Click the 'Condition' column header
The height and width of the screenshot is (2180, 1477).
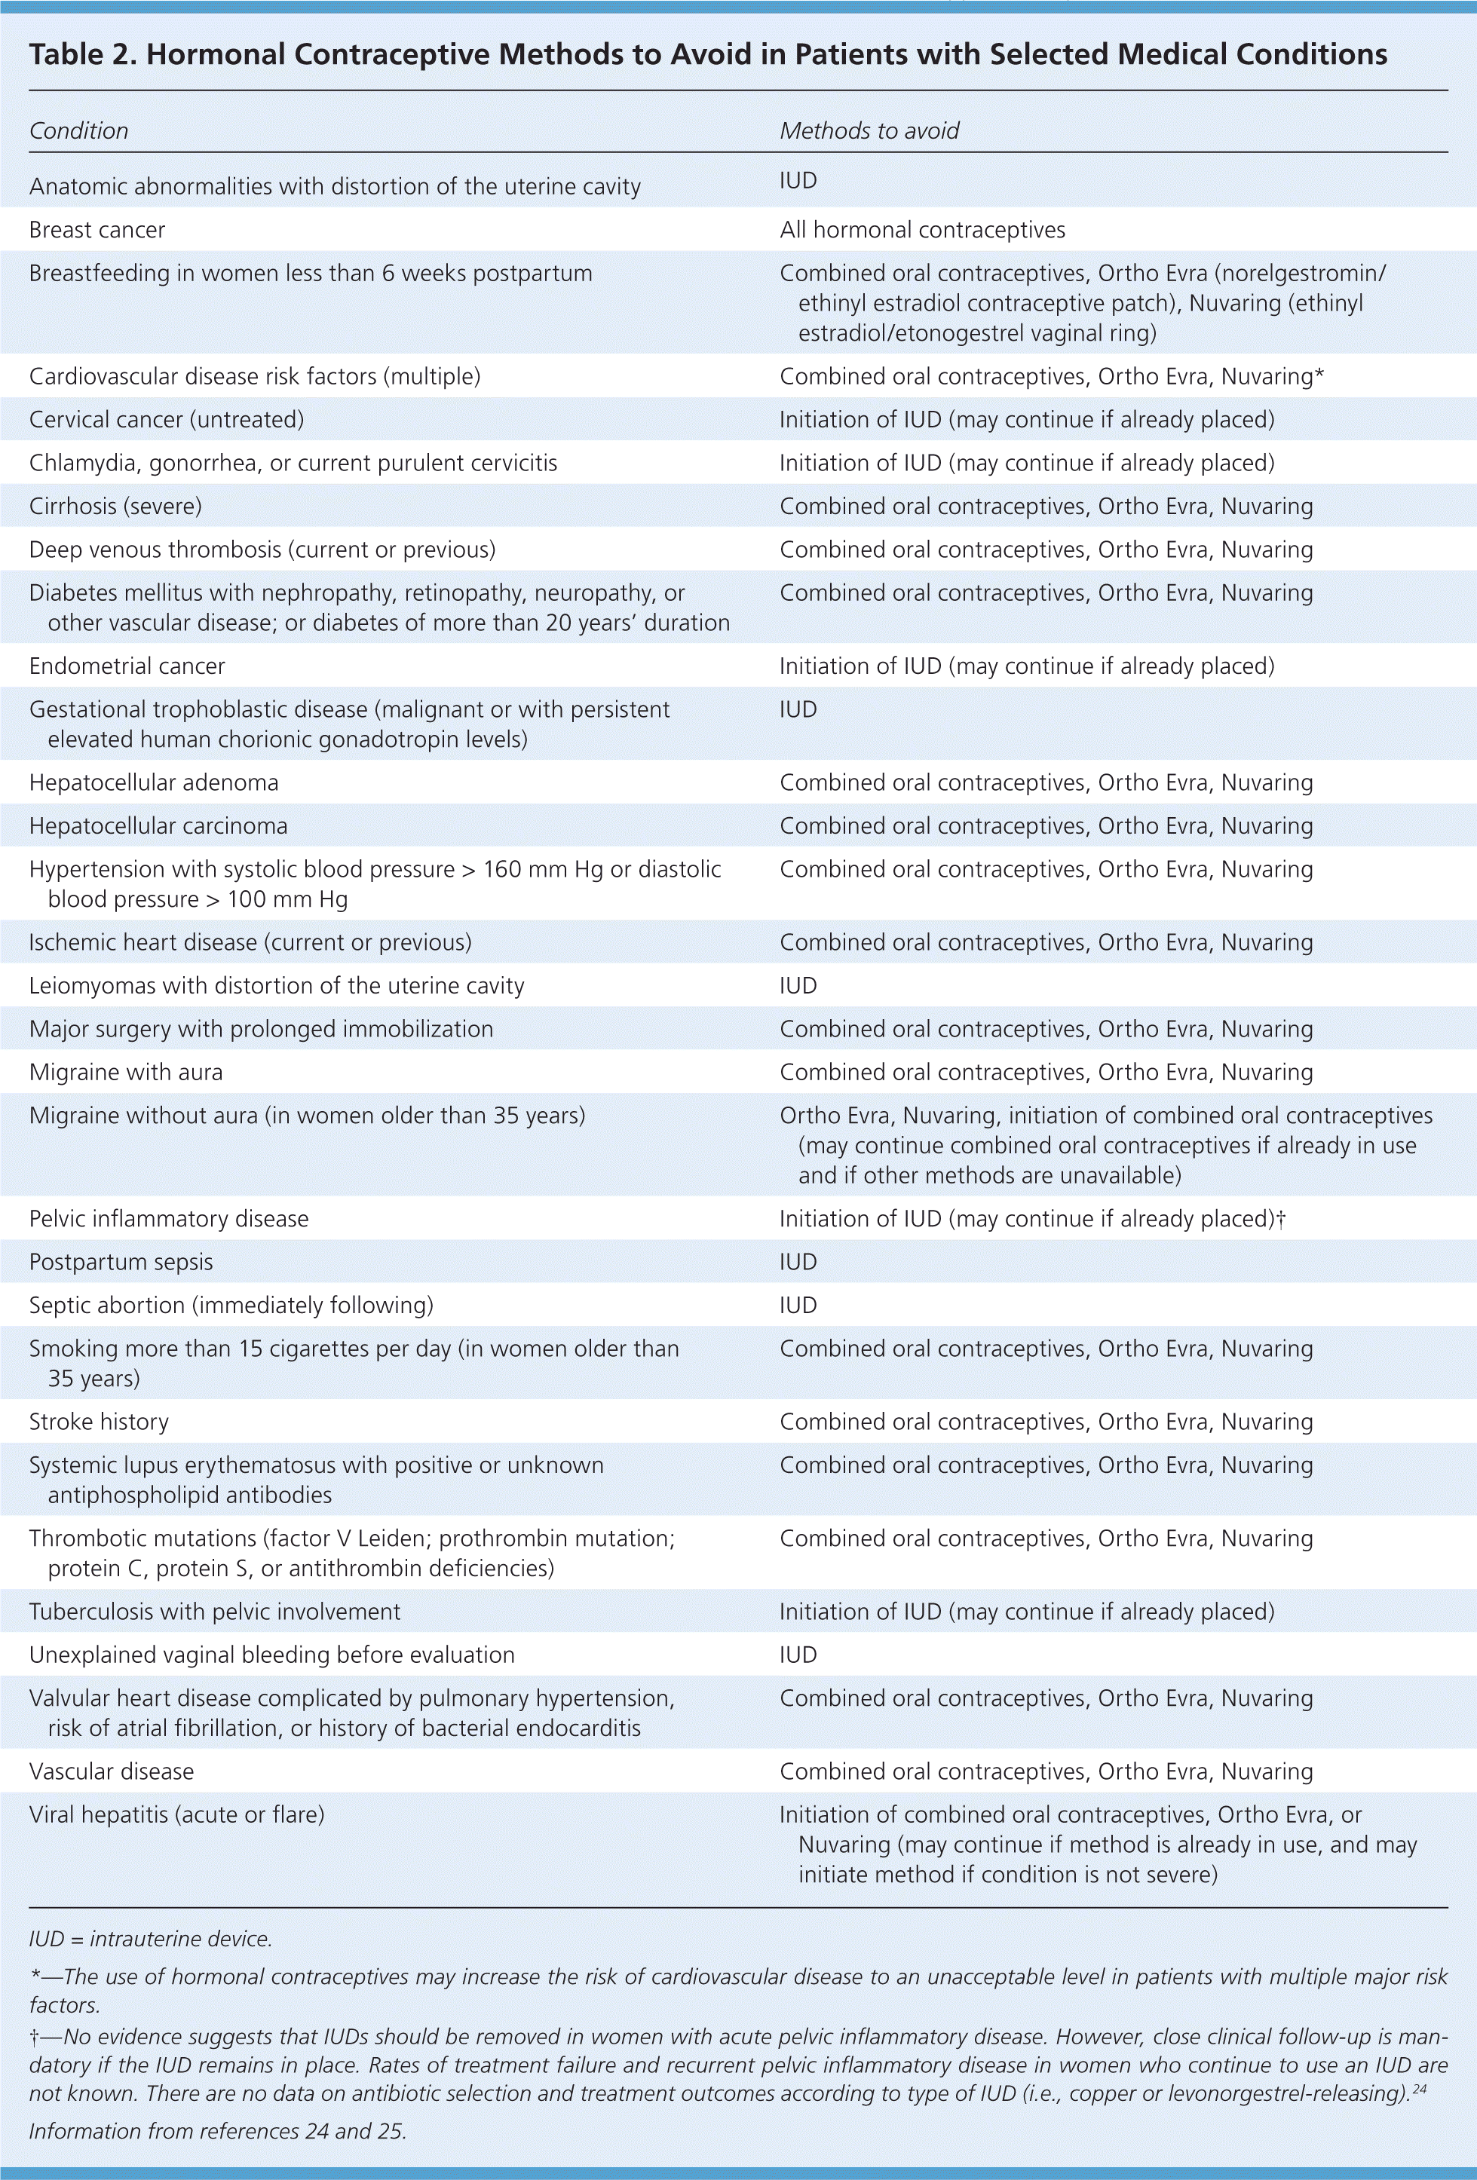click(79, 131)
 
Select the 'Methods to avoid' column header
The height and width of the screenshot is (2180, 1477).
click(869, 131)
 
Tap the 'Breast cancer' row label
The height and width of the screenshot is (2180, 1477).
click(97, 231)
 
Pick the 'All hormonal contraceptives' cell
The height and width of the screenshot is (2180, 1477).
click(922, 231)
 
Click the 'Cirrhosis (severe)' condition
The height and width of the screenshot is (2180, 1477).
click(115, 507)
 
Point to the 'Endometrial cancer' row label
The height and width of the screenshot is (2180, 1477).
click(127, 666)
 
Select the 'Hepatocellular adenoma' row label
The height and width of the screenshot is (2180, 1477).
click(154, 782)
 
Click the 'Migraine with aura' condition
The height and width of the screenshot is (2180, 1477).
click(126, 1072)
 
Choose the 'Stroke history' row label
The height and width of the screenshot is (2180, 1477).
click(99, 1421)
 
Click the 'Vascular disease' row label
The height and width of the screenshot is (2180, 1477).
click(112, 1771)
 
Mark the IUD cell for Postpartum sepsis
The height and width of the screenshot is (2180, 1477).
click(798, 1262)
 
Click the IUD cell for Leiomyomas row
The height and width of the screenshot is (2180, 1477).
click(798, 986)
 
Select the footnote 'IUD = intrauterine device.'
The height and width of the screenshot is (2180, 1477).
click(150, 1938)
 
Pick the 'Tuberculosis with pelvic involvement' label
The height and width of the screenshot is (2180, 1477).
click(215, 1612)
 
